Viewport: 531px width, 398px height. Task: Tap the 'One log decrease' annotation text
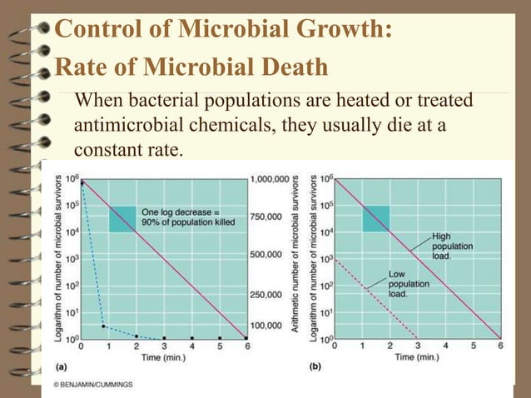pyautogui.click(x=188, y=216)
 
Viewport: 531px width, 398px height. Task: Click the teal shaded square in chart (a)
pyautogui.click(x=122, y=219)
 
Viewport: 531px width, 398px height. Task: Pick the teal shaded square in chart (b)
pyautogui.click(x=375, y=218)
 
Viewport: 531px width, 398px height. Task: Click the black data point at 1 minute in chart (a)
pyautogui.click(x=102, y=326)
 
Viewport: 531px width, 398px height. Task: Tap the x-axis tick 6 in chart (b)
pyautogui.click(x=499, y=345)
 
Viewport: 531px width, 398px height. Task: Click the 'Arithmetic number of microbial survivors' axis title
pyautogui.click(x=300, y=258)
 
